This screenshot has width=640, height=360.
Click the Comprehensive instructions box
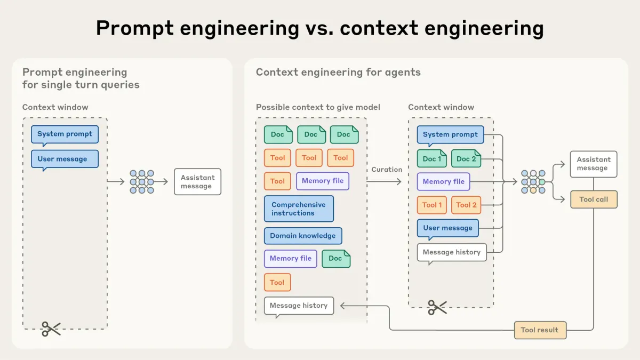pyautogui.click(x=299, y=209)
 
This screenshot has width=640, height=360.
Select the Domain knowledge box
pyautogui.click(x=303, y=236)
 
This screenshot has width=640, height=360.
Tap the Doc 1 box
pyautogui.click(x=432, y=159)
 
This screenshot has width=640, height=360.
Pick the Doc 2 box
pyautogui.click(x=466, y=159)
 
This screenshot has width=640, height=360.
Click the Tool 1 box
pyautogui.click(x=432, y=205)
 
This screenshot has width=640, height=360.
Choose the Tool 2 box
pyautogui.click(x=466, y=205)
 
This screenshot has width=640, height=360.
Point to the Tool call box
pyautogui.click(x=594, y=199)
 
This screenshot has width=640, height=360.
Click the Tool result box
pyautogui.click(x=540, y=330)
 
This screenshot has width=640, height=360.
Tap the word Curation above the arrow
pyautogui.click(x=387, y=170)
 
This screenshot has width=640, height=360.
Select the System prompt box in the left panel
pyautogui.click(x=65, y=134)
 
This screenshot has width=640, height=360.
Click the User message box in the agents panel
pyautogui.click(x=447, y=228)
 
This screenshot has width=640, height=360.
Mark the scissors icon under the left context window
pyautogui.click(x=51, y=329)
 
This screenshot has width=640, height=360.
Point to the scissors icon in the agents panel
pyautogui.click(x=437, y=307)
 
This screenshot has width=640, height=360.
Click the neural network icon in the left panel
pyautogui.click(x=142, y=182)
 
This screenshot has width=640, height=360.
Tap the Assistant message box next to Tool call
pyautogui.click(x=593, y=164)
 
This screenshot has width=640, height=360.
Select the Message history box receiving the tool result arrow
pyautogui.click(x=299, y=306)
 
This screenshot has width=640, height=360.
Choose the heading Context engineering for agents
pyautogui.click(x=338, y=72)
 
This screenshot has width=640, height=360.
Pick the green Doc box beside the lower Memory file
pyautogui.click(x=336, y=259)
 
